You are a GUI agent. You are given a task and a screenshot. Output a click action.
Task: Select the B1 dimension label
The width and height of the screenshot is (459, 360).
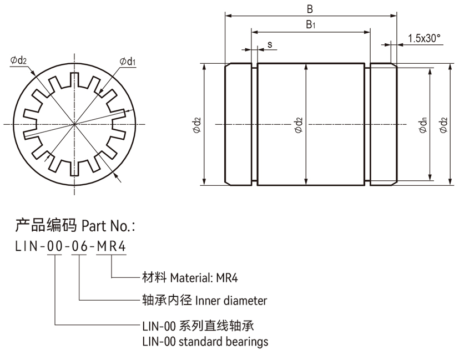[x=310, y=24]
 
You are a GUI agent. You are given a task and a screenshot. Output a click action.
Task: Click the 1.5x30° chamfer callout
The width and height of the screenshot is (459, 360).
[x=423, y=38]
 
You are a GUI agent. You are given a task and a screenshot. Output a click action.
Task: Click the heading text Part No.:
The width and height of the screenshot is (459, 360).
[x=108, y=226]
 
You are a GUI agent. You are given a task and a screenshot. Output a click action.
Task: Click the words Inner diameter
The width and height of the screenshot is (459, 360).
[x=230, y=301]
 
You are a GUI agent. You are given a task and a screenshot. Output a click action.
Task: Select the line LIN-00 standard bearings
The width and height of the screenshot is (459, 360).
[x=205, y=341]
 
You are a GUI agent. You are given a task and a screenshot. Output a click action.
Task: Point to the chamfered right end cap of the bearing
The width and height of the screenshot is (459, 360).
[x=384, y=125]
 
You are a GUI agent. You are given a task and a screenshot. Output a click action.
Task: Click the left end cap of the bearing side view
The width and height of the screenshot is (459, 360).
[x=238, y=125]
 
